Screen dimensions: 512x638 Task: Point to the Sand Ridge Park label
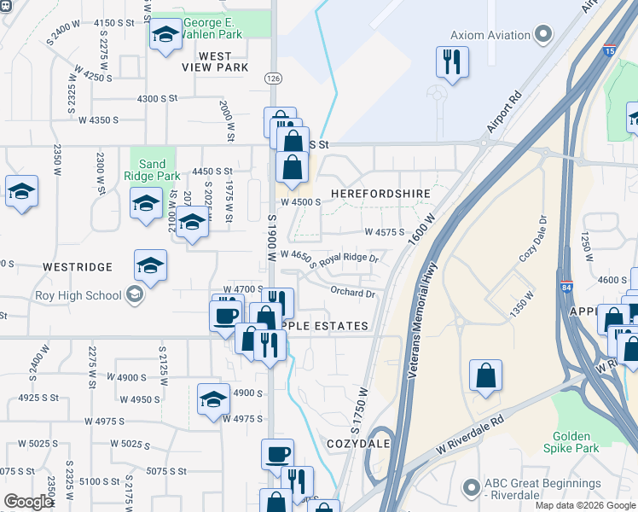click(153, 170)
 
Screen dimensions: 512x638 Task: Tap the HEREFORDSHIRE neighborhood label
click(380, 194)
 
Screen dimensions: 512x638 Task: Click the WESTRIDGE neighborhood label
click(78, 267)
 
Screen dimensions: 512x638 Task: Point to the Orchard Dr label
click(352, 294)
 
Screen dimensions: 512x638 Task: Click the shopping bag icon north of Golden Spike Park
click(485, 375)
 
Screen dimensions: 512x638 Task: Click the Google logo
click(28, 502)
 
